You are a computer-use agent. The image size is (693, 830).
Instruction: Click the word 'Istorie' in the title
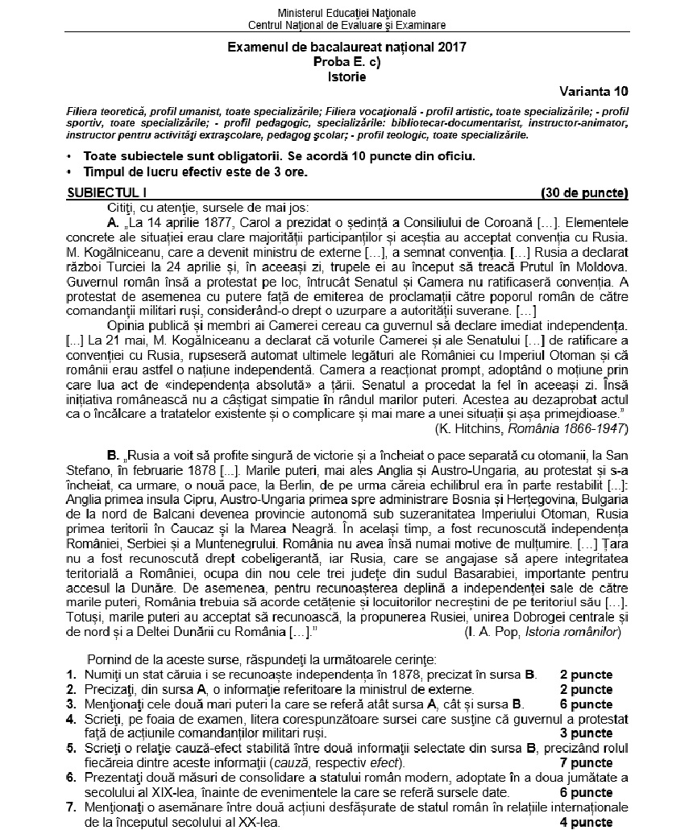[346, 77]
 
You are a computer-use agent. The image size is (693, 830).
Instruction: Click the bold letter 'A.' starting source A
[114, 222]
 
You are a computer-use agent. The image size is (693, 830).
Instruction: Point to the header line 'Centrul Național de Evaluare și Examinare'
[346, 25]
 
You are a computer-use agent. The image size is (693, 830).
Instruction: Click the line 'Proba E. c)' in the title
[346, 62]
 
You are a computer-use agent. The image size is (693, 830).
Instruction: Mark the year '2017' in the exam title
[449, 47]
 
